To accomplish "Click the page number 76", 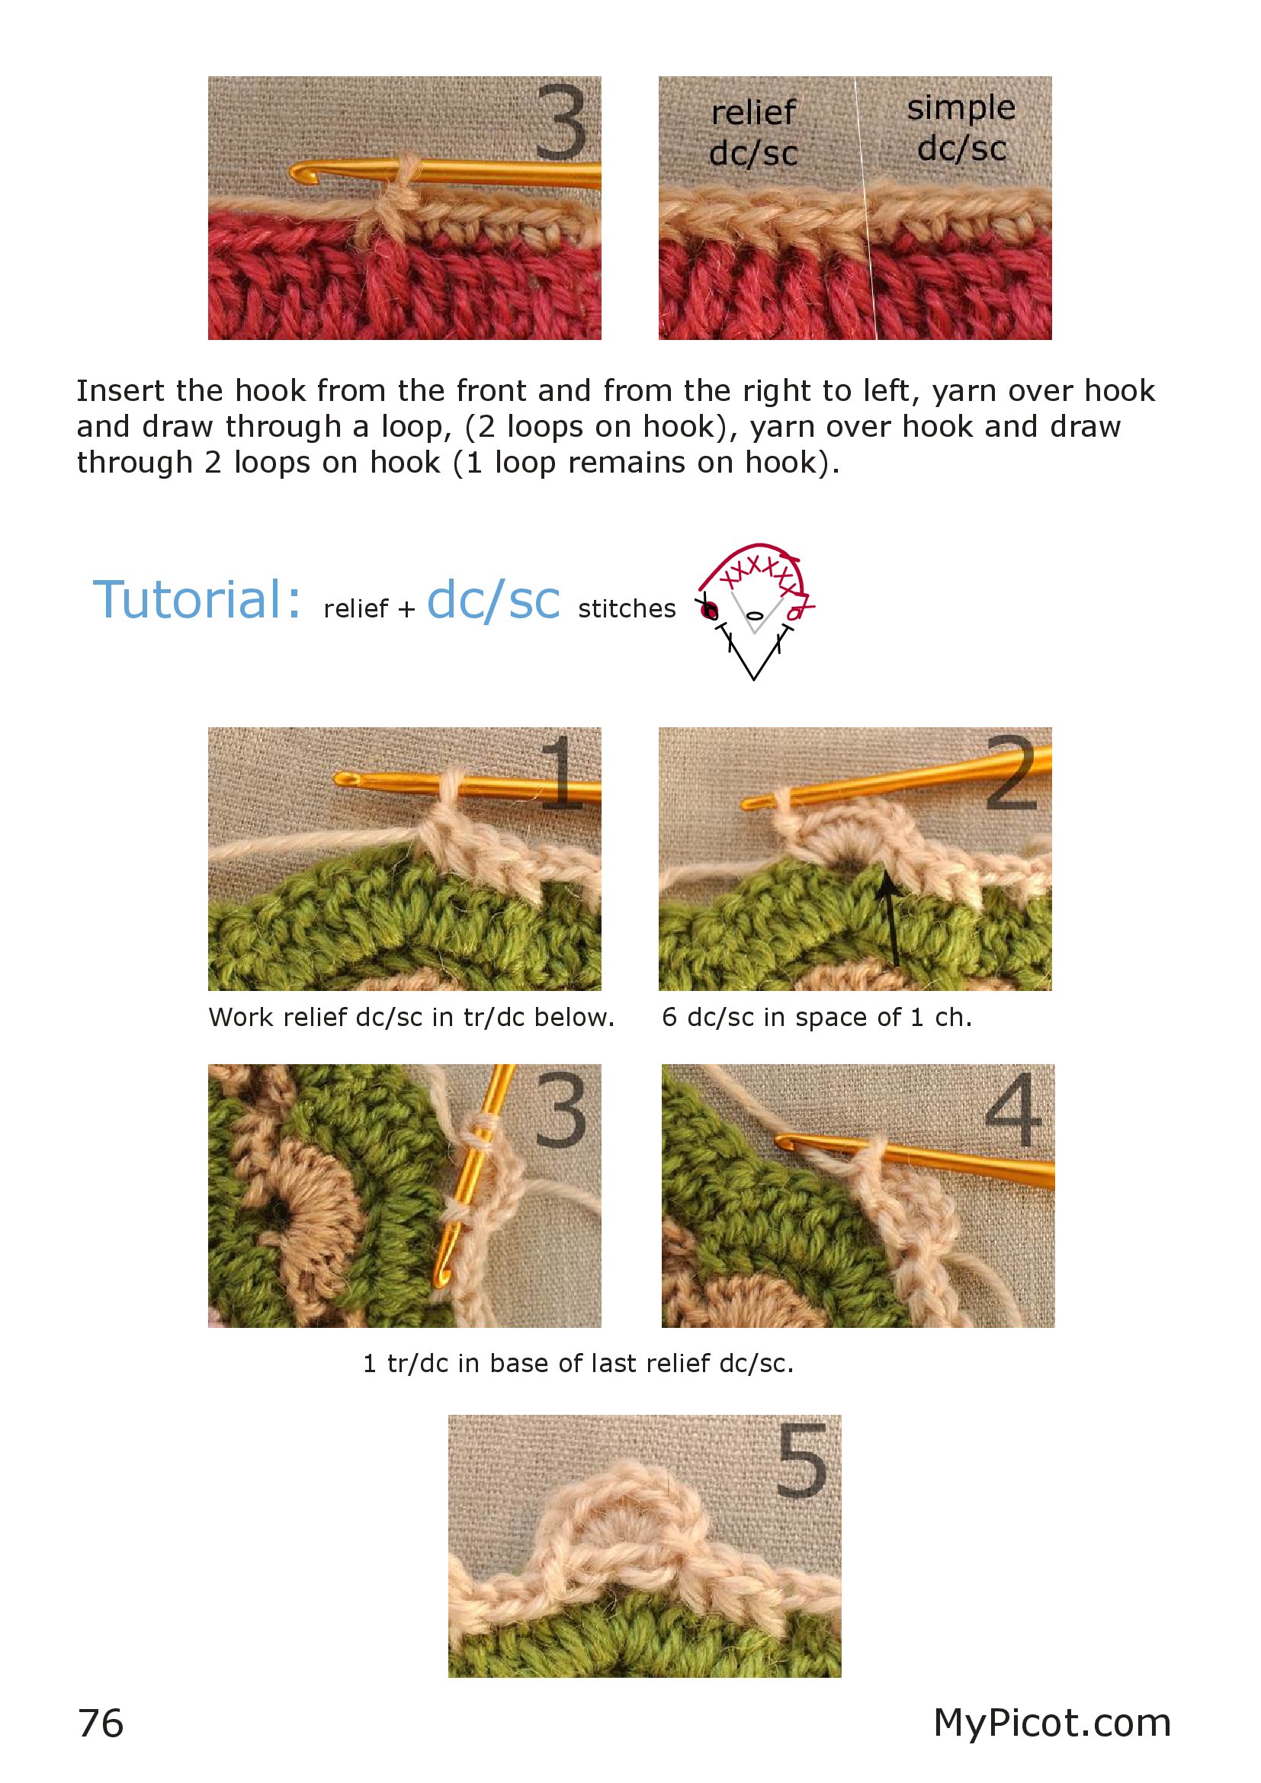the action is pos(101,1724).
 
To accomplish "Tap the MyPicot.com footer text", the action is pos(1052,1724).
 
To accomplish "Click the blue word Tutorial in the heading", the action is pos(197,600).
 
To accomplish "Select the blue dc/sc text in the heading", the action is pos(493,601).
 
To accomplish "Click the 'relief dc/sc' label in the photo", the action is pos(754,133).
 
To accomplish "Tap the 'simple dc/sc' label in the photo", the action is pos(962,128).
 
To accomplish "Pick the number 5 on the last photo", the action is pos(802,1461).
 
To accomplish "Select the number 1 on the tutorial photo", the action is pos(562,772).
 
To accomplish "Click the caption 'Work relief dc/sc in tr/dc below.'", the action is pos(412,1018).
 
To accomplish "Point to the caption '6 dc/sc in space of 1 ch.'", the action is pos(817,1018).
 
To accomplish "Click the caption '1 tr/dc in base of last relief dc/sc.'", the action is pos(579,1363).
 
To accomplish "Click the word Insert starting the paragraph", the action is pos(120,390).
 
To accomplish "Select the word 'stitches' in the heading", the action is pos(627,609).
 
